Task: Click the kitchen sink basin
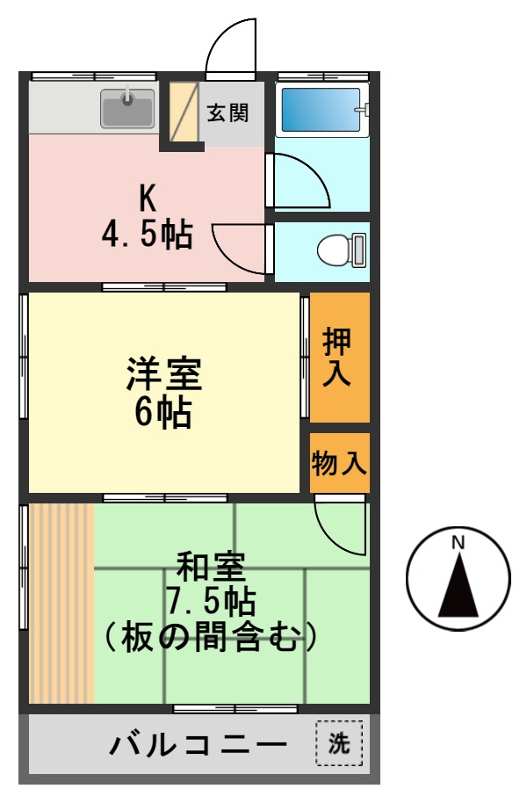[x=126, y=110]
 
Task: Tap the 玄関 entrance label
[x=227, y=113]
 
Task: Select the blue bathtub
[x=321, y=110]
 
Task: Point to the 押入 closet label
[x=337, y=357]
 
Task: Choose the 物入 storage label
[x=339, y=462]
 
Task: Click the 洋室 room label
[x=164, y=375]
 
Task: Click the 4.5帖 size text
[x=147, y=235]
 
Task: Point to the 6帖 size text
[x=163, y=412]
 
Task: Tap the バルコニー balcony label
[x=199, y=746]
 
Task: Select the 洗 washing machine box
[x=338, y=744]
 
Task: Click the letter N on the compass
[x=458, y=542]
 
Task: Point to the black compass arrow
[x=458, y=586]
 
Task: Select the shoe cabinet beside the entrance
[x=184, y=112]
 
